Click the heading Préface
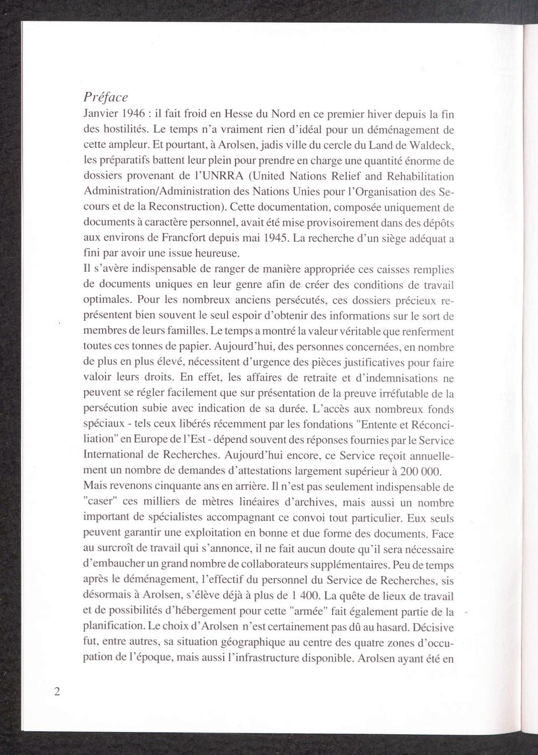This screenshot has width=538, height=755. (106, 98)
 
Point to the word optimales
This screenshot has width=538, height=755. (106, 300)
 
